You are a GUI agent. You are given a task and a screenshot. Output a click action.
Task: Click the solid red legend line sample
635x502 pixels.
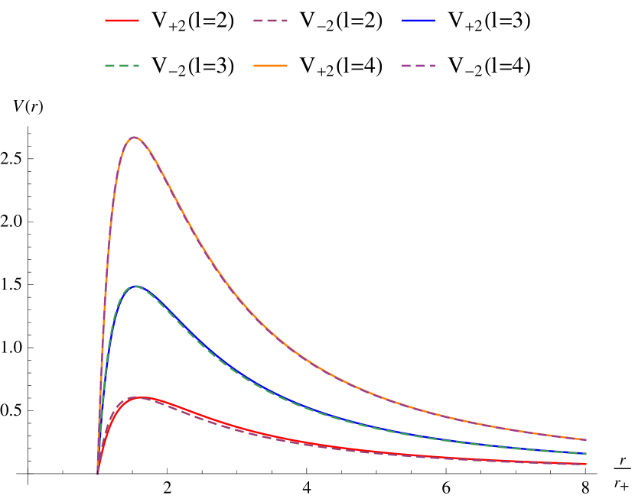pos(122,21)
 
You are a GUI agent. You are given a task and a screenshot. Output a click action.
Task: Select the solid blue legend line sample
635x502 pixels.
pos(418,21)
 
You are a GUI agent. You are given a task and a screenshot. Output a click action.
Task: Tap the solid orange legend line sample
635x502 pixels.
pos(270,66)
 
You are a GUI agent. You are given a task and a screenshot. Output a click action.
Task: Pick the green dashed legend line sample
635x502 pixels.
pos(122,66)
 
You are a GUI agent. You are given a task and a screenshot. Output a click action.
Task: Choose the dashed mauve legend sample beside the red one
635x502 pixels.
pos(270,21)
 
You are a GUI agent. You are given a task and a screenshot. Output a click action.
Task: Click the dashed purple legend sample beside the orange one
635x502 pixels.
pos(418,66)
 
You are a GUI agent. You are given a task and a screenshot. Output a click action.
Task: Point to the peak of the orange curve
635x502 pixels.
pos(135,137)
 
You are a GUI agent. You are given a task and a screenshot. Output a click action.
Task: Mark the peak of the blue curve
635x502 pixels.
pos(135,286)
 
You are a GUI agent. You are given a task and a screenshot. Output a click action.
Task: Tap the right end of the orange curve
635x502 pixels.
pos(587,440)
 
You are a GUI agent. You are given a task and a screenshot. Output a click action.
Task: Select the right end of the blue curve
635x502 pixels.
pos(587,454)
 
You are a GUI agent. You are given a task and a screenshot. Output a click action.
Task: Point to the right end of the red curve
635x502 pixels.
pos(587,464)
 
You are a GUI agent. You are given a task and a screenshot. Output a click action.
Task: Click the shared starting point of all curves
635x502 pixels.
pos(97,473)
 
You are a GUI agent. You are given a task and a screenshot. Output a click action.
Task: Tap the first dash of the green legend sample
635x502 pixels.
pos(109,66)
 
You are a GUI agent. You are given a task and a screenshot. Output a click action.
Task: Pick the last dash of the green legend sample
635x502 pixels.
pos(135,66)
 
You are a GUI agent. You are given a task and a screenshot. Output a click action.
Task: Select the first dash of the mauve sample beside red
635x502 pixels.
pos(257,21)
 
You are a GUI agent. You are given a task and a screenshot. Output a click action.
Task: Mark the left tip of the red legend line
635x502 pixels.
pos(106,21)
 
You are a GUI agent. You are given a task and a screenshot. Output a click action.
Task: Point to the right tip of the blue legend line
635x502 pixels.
pos(435,21)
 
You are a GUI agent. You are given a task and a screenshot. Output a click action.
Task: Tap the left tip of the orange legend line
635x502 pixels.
pos(254,66)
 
